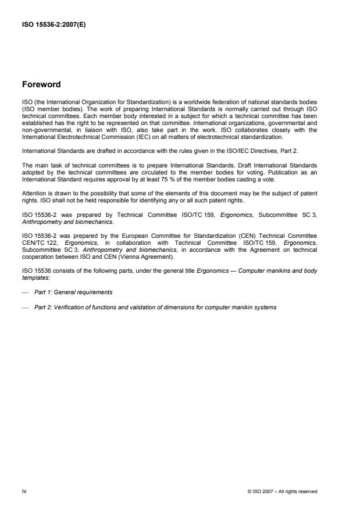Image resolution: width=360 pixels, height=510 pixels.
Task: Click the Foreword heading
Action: [x=41, y=84]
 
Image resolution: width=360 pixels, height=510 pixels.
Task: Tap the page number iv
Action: [x=24, y=491]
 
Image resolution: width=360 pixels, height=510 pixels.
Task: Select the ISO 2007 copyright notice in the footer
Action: [x=282, y=491]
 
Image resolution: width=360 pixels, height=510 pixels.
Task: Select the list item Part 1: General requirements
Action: [x=73, y=292]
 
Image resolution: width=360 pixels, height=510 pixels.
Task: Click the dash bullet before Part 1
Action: [x=24, y=292]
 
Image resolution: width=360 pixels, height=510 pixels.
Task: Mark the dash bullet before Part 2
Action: [x=24, y=307]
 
